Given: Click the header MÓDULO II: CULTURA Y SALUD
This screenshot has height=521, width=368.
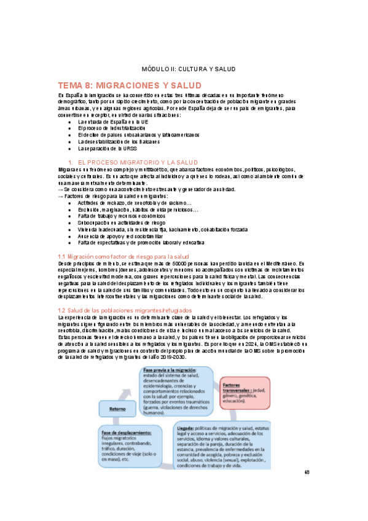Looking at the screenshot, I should (x=184, y=69).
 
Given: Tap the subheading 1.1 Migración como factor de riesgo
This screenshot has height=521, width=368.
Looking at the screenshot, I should (x=123, y=256).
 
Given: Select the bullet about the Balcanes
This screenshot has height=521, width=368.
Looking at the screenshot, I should (x=115, y=141).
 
